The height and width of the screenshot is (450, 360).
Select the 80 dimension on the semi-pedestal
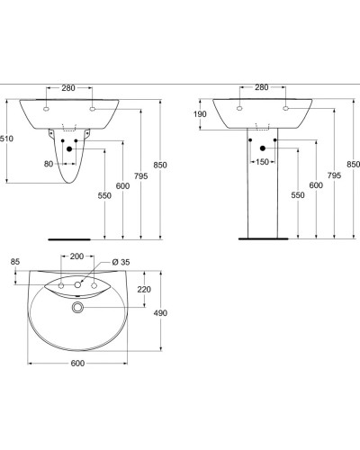tap(49, 164)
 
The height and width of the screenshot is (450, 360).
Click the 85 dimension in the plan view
tap(14, 262)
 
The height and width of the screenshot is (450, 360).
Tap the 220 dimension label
tap(143, 291)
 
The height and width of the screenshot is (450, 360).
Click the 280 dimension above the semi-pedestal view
tap(68, 87)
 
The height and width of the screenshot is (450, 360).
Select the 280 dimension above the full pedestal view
tap(262, 87)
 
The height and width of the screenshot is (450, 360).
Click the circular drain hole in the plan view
tap(78, 308)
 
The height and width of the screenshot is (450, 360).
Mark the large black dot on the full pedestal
tap(262, 148)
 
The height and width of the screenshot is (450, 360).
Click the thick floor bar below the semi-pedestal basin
tap(69, 240)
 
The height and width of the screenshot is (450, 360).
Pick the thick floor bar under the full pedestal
tap(262, 239)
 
